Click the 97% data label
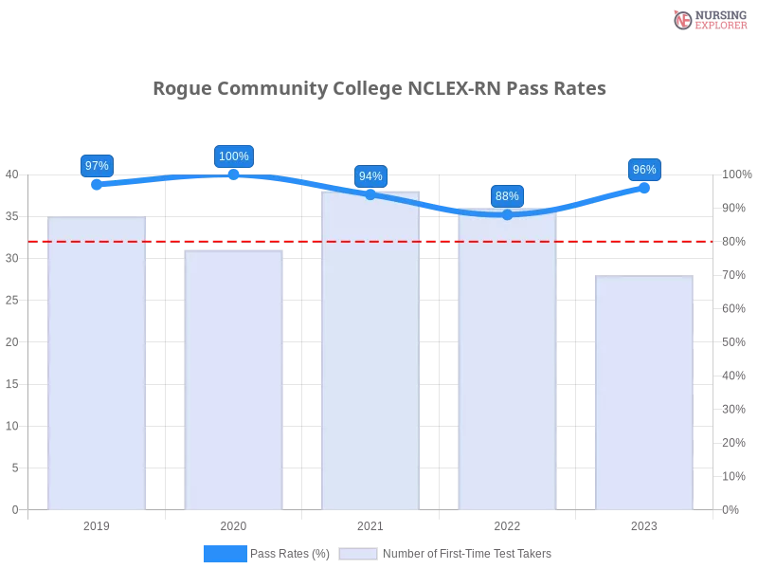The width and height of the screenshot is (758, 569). [97, 165]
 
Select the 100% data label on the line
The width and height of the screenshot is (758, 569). [234, 156]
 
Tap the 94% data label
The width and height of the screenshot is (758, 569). [370, 176]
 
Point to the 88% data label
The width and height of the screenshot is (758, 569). [507, 196]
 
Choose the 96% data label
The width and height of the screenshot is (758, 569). [644, 170]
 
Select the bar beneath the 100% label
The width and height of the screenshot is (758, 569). [234, 379]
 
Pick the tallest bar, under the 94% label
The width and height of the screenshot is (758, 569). [370, 351]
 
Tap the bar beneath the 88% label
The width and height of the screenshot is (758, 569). [507, 360]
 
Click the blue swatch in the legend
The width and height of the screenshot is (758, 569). [225, 553]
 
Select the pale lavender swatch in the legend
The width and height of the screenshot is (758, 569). [358, 553]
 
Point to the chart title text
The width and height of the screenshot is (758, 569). [379, 89]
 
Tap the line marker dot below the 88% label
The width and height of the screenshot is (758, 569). [507, 215]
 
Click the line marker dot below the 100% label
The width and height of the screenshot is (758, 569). [234, 174]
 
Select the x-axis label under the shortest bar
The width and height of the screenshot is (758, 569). [644, 523]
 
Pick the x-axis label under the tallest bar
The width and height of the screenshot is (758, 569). [370, 523]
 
